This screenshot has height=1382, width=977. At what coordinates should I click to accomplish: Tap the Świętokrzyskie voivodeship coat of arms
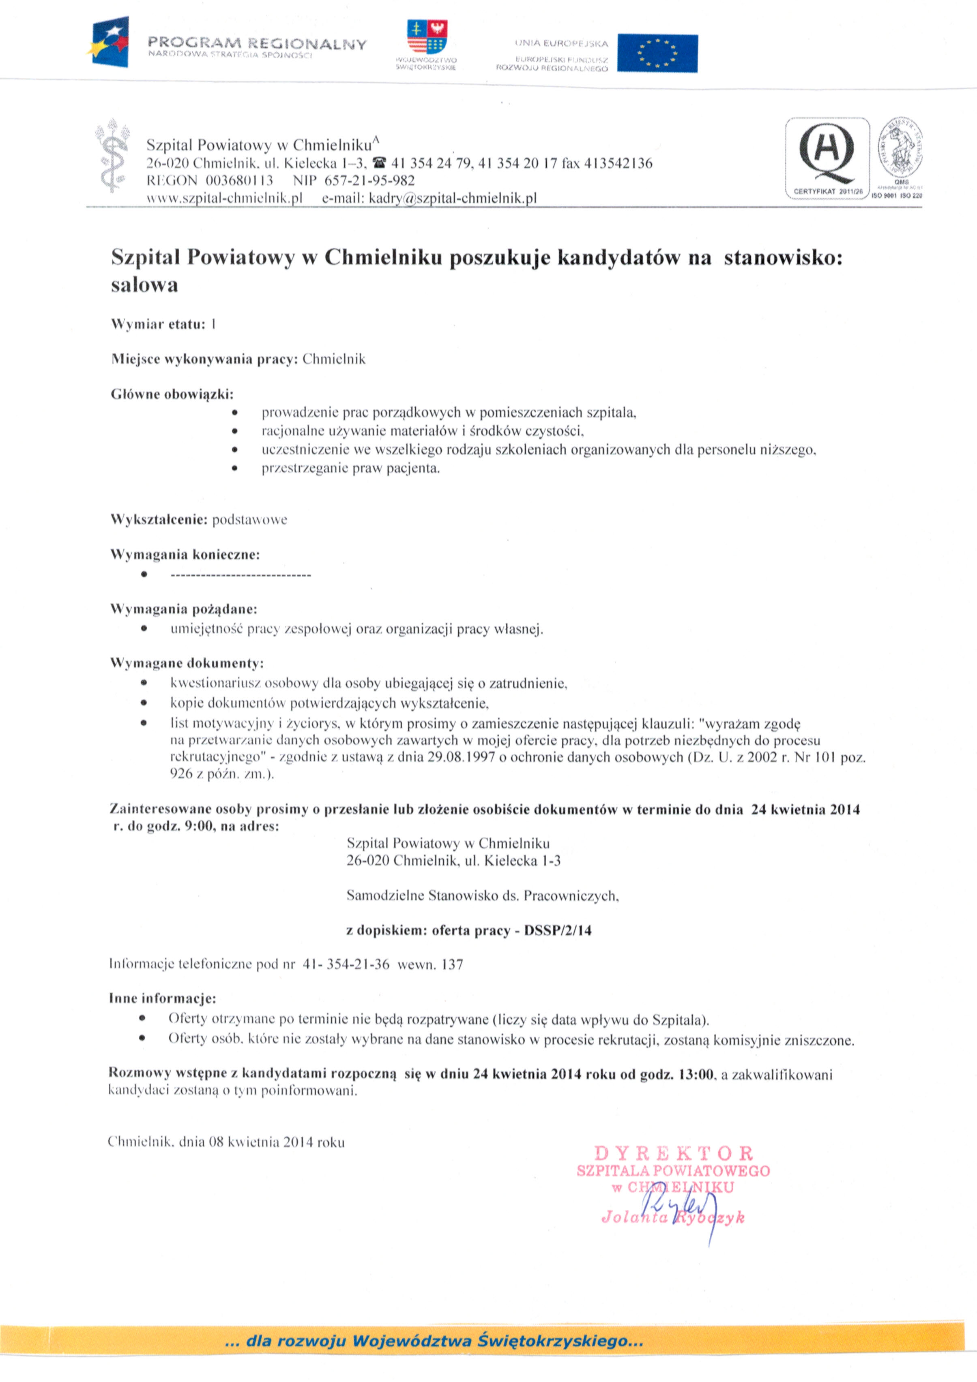pyautogui.click(x=427, y=37)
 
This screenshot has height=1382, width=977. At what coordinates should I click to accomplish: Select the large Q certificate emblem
pyautogui.click(x=827, y=154)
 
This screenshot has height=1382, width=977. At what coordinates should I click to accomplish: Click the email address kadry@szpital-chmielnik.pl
pyautogui.click(x=452, y=198)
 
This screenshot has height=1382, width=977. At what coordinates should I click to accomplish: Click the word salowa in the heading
pyautogui.click(x=144, y=284)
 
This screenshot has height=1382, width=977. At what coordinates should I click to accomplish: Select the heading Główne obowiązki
pyautogui.click(x=172, y=394)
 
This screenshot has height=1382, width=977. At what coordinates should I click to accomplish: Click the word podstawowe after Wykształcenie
pyautogui.click(x=249, y=519)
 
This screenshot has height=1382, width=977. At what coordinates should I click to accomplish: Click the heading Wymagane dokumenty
pyautogui.click(x=187, y=663)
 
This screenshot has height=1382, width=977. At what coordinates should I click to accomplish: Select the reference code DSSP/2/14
pyautogui.click(x=558, y=930)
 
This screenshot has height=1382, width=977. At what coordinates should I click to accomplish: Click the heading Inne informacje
pyautogui.click(x=163, y=998)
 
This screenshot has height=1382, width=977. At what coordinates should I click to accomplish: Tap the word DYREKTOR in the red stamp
pyautogui.click(x=673, y=1153)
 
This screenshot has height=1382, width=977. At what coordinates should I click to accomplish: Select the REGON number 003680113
pyautogui.click(x=239, y=180)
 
